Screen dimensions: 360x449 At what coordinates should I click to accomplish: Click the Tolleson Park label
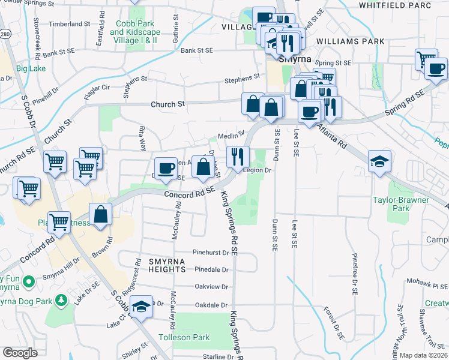pos(184,337)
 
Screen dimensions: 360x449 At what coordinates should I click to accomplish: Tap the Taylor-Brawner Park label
pos(400,204)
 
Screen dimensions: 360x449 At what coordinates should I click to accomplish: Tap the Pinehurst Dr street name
pos(211,252)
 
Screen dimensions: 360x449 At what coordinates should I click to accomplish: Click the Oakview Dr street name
pos(212,287)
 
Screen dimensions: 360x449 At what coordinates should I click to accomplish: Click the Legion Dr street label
pos(258,170)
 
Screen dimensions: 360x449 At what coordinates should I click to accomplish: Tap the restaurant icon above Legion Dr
pos(238,157)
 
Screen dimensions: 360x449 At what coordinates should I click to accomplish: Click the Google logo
pos(20,352)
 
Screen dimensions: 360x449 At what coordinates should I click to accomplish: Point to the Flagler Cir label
pos(97,87)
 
